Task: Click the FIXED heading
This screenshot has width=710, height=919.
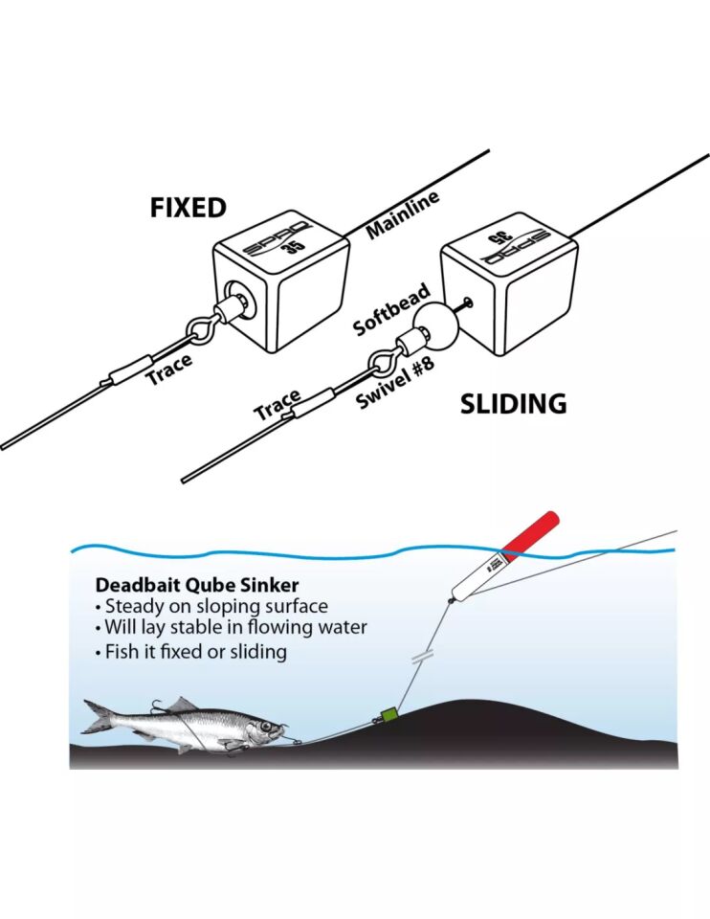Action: [x=188, y=208]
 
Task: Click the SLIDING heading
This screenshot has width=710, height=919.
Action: [x=513, y=404]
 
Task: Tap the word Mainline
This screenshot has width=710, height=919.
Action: [x=403, y=214]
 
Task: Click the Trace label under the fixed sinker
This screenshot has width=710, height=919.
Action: [x=168, y=370]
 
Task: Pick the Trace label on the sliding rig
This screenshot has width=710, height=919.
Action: [x=277, y=405]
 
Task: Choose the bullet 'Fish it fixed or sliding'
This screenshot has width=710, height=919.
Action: [x=196, y=652]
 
